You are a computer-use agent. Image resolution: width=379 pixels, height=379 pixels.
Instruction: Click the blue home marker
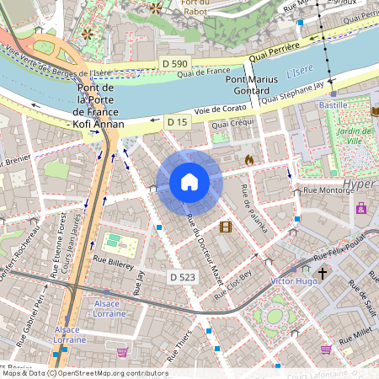tap(189, 182)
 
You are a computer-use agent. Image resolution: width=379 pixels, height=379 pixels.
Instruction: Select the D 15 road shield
tap(176, 122)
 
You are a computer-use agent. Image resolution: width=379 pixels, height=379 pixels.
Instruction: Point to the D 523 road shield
tap(182, 276)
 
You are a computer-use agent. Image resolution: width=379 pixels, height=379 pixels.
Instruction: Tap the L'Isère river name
tap(299, 73)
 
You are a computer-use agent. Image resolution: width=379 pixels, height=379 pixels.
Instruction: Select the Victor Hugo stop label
tap(292, 280)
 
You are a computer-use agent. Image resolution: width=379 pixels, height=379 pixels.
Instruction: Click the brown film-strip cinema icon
tap(225, 226)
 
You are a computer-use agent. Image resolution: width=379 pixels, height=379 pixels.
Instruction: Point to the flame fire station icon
tap(248, 158)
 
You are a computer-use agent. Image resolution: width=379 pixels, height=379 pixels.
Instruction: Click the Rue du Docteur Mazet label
tap(204, 248)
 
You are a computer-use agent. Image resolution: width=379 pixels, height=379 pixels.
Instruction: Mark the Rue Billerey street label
tap(114, 263)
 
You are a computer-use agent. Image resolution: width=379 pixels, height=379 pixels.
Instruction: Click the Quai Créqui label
tap(232, 124)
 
